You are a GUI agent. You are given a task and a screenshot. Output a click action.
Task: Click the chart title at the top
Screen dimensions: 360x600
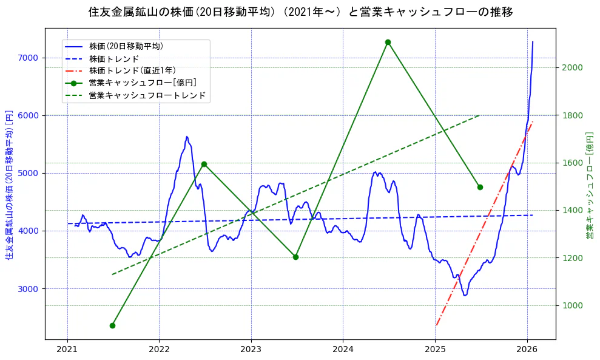[300, 12]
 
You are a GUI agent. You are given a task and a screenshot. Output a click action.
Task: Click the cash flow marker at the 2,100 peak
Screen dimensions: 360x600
[388, 42]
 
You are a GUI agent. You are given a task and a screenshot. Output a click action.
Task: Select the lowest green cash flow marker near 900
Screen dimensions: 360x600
[112, 325]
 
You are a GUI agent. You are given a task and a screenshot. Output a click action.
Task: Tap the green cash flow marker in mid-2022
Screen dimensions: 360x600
[204, 164]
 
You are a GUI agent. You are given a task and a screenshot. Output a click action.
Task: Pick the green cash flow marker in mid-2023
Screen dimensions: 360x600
[295, 257]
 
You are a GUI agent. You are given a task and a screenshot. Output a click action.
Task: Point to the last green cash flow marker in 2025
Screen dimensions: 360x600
[480, 187]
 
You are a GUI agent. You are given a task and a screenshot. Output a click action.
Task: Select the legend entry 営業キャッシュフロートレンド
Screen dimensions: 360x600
[147, 95]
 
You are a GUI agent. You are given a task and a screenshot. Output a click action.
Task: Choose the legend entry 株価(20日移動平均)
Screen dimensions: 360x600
[126, 46]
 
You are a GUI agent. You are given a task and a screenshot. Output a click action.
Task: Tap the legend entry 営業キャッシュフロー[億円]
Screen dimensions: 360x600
[142, 83]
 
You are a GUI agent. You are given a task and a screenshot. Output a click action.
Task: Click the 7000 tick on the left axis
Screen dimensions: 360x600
[28, 58]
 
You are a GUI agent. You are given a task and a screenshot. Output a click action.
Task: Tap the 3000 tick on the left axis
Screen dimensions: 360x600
[28, 288]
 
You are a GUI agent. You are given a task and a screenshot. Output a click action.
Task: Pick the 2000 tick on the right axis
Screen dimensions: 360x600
[572, 67]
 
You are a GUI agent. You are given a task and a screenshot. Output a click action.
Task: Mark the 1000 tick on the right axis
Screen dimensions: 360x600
[572, 305]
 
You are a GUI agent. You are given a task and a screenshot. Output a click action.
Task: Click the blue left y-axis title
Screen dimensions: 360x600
[9, 183]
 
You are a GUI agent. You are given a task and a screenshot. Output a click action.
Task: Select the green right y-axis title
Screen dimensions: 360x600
[589, 184]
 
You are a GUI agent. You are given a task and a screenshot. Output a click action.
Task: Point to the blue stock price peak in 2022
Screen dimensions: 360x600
[187, 137]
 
